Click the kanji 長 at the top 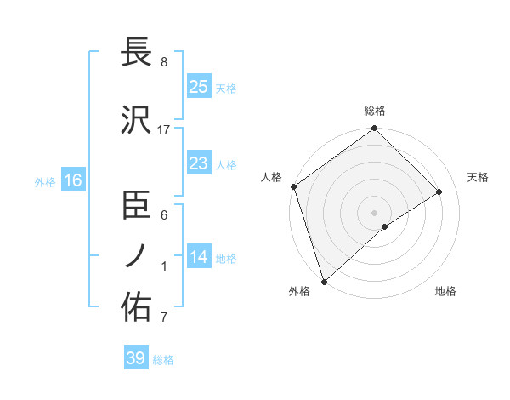(x=136, y=53)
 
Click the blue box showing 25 (x=198, y=87)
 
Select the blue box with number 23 (x=198, y=163)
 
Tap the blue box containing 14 (x=198, y=257)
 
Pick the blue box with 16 (x=72, y=180)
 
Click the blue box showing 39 (x=135, y=358)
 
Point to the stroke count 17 (x=164, y=130)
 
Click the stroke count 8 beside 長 (x=163, y=62)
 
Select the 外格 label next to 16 (x=45, y=181)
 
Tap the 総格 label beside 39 (x=163, y=360)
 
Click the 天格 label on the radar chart (x=478, y=177)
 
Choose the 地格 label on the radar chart (x=445, y=292)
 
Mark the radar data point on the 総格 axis (x=374, y=129)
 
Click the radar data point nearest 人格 (x=293, y=186)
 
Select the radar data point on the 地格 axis (x=385, y=226)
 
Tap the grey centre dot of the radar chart (x=374, y=212)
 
